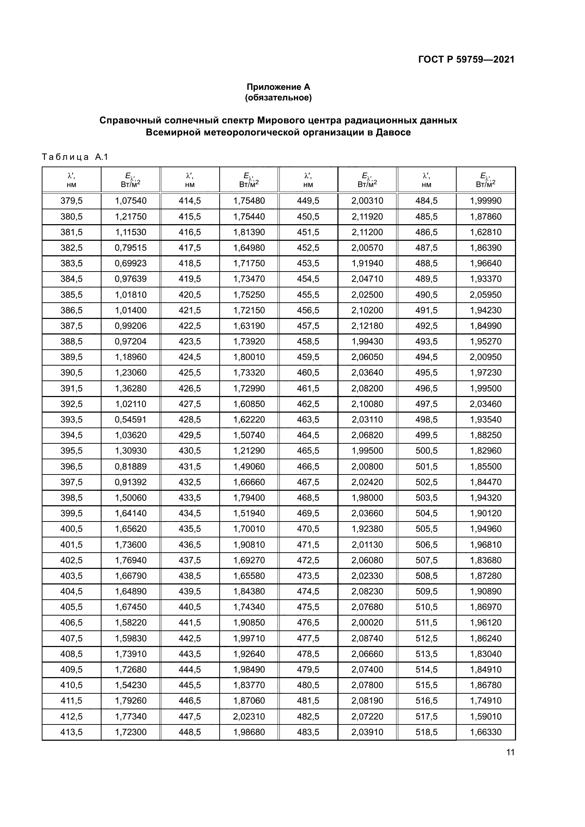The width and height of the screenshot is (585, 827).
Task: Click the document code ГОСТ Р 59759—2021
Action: point(466,60)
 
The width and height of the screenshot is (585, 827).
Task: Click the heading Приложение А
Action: point(278,87)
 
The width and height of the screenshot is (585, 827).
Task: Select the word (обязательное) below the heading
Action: point(278,98)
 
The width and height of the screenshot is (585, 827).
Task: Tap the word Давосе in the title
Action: point(393,133)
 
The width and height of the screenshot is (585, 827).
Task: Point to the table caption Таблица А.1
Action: point(75,157)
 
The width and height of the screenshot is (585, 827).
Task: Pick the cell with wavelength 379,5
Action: point(71,201)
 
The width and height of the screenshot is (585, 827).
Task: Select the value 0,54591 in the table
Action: point(131,420)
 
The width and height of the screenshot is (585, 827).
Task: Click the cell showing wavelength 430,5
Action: point(190,451)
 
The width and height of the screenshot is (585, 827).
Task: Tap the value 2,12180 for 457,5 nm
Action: point(367,326)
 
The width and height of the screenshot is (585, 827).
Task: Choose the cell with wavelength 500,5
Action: point(426,451)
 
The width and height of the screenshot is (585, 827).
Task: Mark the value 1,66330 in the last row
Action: point(486,732)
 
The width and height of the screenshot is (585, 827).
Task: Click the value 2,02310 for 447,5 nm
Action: point(249,716)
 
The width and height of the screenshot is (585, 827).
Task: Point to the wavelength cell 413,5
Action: point(71,732)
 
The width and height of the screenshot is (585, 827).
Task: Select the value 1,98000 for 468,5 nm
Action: point(367,498)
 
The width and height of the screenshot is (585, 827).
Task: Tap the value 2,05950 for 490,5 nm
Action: point(486,295)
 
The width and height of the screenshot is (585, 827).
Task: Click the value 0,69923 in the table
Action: point(131,263)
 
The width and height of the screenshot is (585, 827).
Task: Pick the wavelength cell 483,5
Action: point(308,732)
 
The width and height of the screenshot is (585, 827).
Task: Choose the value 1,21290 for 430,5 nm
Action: point(249,451)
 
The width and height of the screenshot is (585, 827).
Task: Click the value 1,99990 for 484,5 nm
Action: point(486,201)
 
